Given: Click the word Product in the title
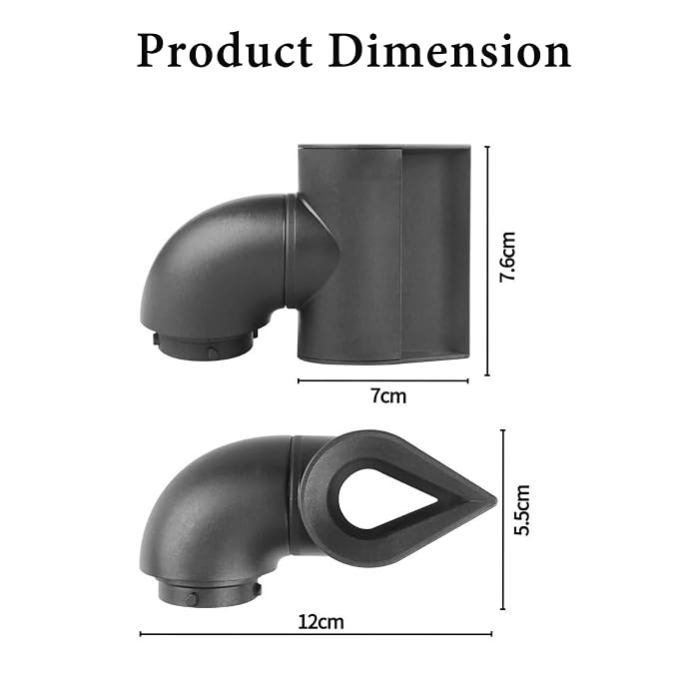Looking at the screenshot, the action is (225, 52).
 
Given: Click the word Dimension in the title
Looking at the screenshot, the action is (449, 52).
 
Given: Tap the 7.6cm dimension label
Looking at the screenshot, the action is (508, 257).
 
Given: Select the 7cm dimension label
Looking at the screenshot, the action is (388, 396).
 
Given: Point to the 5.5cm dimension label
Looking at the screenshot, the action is (522, 510).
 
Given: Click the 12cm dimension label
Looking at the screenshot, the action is (321, 622).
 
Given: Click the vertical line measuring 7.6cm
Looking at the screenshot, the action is (487, 262).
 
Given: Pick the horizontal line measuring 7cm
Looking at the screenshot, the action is (383, 380).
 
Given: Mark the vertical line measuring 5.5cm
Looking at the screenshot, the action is (502, 519).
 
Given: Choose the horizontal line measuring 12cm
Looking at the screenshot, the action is (316, 634).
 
